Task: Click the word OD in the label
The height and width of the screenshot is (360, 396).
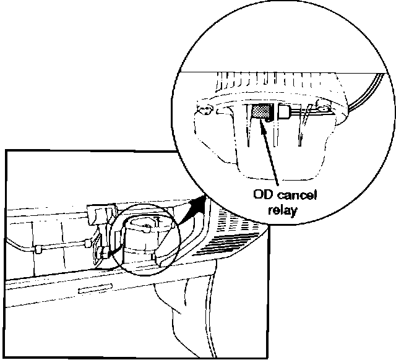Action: (x=263, y=196)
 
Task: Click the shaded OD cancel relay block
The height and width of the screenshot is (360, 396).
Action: (x=260, y=112)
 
